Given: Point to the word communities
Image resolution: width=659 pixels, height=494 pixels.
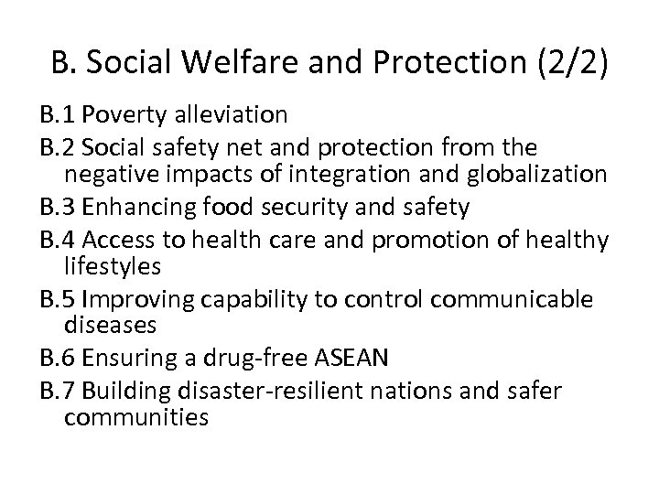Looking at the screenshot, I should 137,420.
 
